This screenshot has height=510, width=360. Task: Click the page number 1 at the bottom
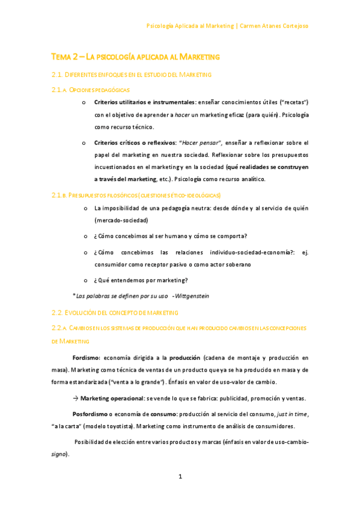pyautogui.click(x=180, y=477)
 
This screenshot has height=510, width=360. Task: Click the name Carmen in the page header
pyautogui.click(x=253, y=26)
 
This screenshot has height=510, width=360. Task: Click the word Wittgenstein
pyautogui.click(x=192, y=296)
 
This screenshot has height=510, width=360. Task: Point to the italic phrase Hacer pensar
pyautogui.click(x=201, y=143)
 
